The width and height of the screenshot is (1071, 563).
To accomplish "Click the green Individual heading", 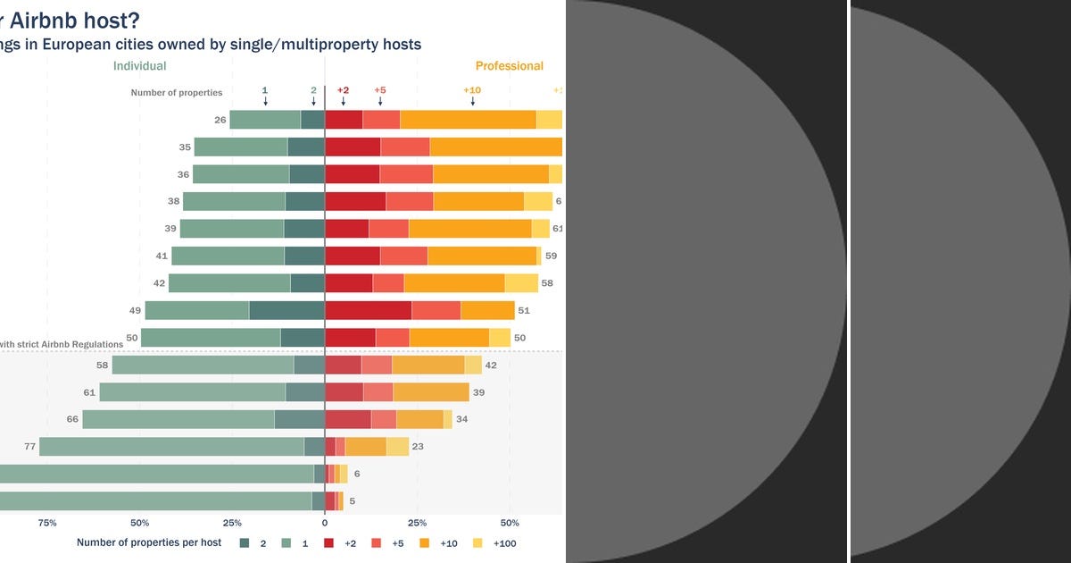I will click(x=139, y=66).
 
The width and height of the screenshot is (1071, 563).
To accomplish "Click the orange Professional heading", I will click(x=509, y=66).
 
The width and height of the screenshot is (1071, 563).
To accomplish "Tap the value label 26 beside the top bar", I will click(x=220, y=120).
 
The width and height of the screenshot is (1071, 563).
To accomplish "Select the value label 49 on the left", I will click(x=136, y=311).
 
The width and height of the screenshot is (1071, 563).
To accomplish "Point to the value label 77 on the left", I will click(x=29, y=447).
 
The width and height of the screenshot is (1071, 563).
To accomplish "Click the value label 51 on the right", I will click(x=524, y=311).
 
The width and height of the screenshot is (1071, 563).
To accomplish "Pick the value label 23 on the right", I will click(x=419, y=447).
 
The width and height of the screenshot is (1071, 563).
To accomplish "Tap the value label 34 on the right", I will click(x=461, y=419).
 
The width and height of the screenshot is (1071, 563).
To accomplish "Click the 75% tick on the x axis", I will click(x=47, y=523).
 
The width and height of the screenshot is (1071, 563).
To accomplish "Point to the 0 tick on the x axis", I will click(x=325, y=523).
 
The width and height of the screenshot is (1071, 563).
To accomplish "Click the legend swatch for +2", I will click(x=329, y=542).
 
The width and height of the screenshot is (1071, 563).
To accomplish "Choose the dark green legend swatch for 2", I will click(x=245, y=542).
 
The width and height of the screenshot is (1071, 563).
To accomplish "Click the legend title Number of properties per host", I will click(x=149, y=542).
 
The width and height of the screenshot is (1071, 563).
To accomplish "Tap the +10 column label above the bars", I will click(x=472, y=90).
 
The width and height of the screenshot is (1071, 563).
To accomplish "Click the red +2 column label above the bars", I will click(x=343, y=90).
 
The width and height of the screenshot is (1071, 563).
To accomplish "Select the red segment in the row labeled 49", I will click(x=368, y=311).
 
